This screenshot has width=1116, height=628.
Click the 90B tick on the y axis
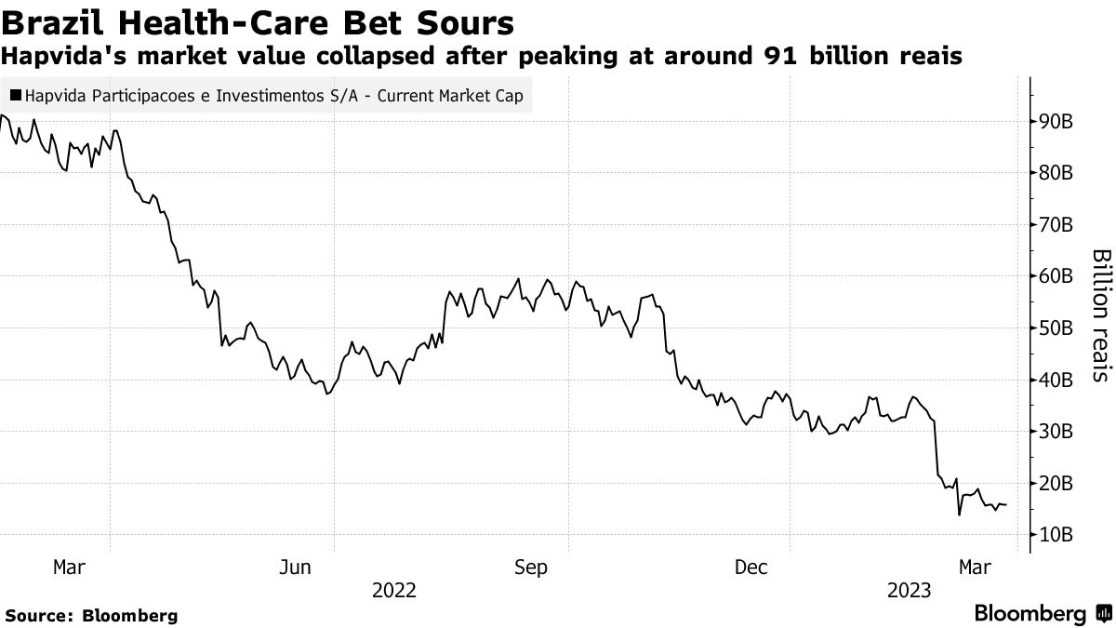click(1058, 122)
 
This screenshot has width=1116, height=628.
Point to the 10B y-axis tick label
click(1058, 535)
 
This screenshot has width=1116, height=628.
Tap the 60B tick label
click(1058, 276)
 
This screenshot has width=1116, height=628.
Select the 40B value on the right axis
click(1058, 380)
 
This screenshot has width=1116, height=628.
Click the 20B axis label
click(1058, 484)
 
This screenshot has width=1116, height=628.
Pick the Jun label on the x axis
click(295, 567)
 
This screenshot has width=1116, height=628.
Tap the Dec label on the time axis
click(751, 567)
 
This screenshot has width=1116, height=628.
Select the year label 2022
click(393, 590)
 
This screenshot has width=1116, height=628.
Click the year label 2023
click(910, 590)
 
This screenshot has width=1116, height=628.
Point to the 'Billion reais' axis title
click(1100, 314)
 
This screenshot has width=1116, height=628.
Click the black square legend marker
click(16, 95)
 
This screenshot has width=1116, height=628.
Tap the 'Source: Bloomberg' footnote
click(91, 616)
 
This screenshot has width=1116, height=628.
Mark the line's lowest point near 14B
click(958, 514)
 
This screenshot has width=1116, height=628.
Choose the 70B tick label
click(1058, 225)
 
